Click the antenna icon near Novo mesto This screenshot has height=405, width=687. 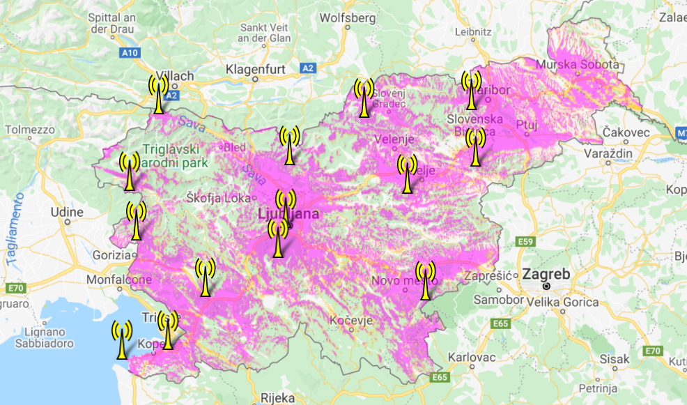pos(424,281)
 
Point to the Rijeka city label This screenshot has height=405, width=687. pos(278,398)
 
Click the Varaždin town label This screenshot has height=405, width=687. pos(608,152)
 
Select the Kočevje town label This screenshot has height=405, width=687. pos(351,320)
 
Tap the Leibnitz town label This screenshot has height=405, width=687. pos(473,31)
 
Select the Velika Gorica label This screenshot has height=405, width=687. pos(562,302)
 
